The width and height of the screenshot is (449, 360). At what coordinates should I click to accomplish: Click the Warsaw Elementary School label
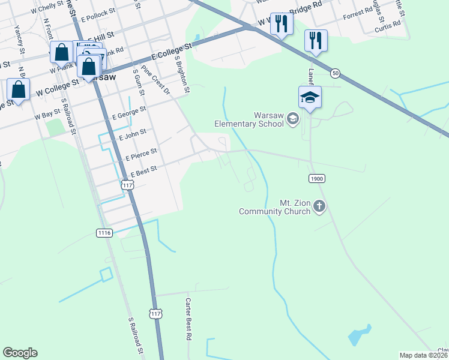tap(251, 119)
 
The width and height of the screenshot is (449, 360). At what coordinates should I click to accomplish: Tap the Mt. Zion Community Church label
tap(274, 207)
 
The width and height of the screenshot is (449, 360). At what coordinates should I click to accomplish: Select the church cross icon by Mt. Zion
tap(319, 207)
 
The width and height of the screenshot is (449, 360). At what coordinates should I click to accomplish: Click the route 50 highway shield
tap(335, 73)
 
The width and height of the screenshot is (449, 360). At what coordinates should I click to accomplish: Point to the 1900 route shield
tap(317, 179)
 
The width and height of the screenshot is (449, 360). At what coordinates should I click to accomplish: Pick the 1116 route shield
tap(104, 232)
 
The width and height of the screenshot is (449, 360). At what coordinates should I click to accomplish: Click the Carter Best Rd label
tap(188, 319)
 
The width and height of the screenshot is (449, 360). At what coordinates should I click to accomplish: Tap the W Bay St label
tap(47, 113)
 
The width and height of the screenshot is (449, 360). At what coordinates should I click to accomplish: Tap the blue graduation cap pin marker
tap(310, 97)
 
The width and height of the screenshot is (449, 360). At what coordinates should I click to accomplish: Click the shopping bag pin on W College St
tap(19, 90)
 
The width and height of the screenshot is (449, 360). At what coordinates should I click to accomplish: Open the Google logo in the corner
tap(20, 353)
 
